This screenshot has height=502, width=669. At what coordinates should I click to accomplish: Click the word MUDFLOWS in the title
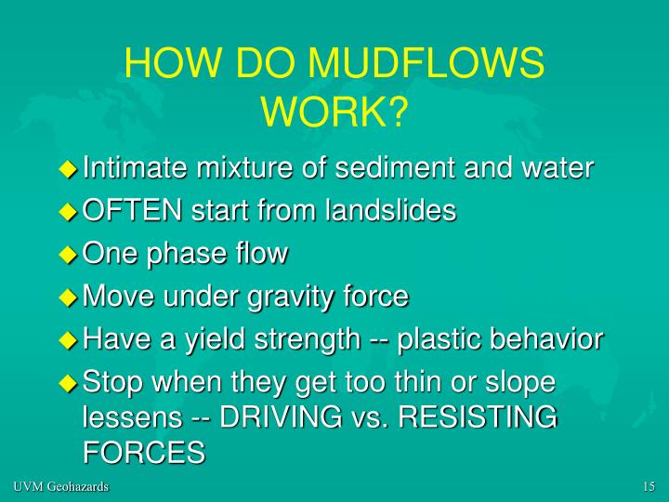click(x=427, y=64)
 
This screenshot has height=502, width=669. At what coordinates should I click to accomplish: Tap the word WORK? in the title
click(x=334, y=111)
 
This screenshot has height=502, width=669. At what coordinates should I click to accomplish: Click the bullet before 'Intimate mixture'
click(x=67, y=169)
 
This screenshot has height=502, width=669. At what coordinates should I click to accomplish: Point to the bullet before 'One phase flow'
click(x=67, y=255)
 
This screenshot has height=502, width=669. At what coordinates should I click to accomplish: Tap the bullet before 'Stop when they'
click(x=67, y=383)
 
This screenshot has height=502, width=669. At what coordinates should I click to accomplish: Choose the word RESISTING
click(x=477, y=417)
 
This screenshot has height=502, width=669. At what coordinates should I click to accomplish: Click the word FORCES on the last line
click(x=143, y=453)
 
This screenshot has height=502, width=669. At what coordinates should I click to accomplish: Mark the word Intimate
click(x=136, y=168)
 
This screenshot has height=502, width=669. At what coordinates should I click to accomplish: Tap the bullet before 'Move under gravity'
click(x=67, y=297)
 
